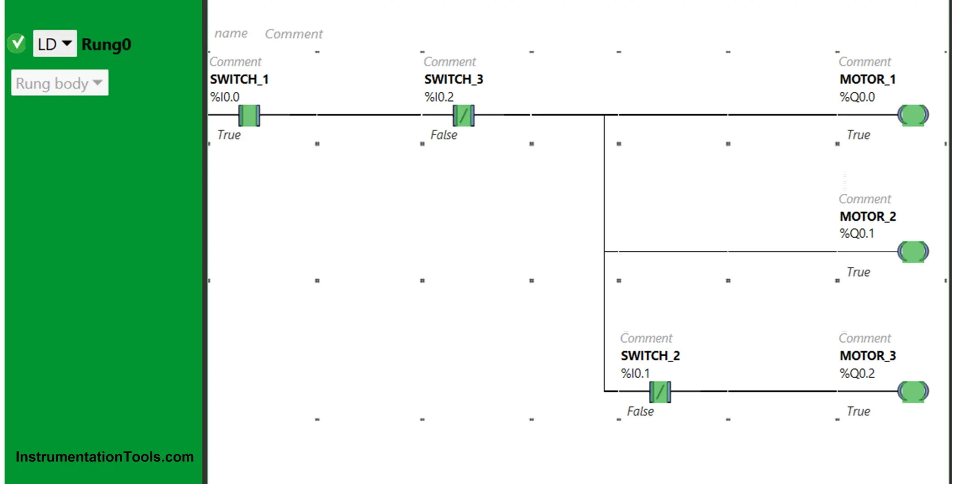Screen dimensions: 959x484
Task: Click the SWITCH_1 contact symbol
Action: (x=249, y=115)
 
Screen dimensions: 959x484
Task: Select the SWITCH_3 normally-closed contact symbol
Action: (x=464, y=115)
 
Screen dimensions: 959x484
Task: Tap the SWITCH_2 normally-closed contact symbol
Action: (x=660, y=392)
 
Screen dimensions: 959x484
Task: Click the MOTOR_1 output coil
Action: (x=913, y=115)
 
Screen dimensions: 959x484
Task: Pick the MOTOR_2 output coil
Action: (x=913, y=252)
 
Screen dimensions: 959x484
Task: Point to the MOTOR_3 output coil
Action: (x=913, y=392)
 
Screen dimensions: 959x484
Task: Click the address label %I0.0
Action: (x=225, y=97)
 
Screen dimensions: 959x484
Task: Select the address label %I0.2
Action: (x=439, y=97)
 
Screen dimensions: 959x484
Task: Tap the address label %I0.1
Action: (x=635, y=374)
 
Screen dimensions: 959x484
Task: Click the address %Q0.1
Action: (x=857, y=234)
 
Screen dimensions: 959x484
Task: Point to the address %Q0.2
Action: (x=857, y=374)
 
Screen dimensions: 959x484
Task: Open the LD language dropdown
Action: (x=55, y=44)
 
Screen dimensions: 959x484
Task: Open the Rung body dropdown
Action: (x=59, y=83)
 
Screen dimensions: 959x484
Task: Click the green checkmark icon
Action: (x=17, y=43)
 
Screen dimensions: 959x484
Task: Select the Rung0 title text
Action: (x=106, y=44)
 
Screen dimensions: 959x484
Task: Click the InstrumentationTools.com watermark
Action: (x=104, y=457)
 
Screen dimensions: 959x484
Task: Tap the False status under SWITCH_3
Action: (x=444, y=135)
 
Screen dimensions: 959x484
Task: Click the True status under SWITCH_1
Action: (x=229, y=135)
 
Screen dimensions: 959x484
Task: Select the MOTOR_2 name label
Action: (x=868, y=216)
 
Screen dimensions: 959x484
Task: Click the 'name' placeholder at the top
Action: (x=231, y=34)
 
